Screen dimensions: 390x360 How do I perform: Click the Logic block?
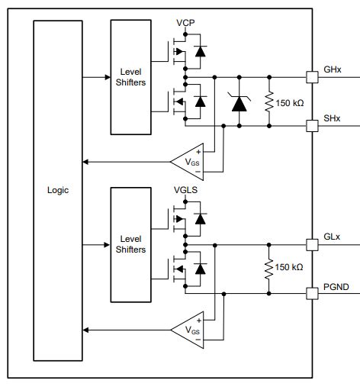[57, 190]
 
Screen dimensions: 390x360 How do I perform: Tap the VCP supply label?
[185, 23]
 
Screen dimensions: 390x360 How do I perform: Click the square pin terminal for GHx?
[311, 77]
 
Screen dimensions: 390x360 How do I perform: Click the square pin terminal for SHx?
[311, 124]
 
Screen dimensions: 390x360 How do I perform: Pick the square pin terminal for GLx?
[311, 245]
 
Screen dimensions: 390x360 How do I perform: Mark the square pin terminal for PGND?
[311, 293]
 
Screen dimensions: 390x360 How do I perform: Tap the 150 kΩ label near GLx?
[290, 268]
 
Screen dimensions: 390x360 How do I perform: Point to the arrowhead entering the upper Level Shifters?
[106, 77]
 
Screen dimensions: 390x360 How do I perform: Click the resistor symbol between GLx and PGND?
[268, 269]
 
